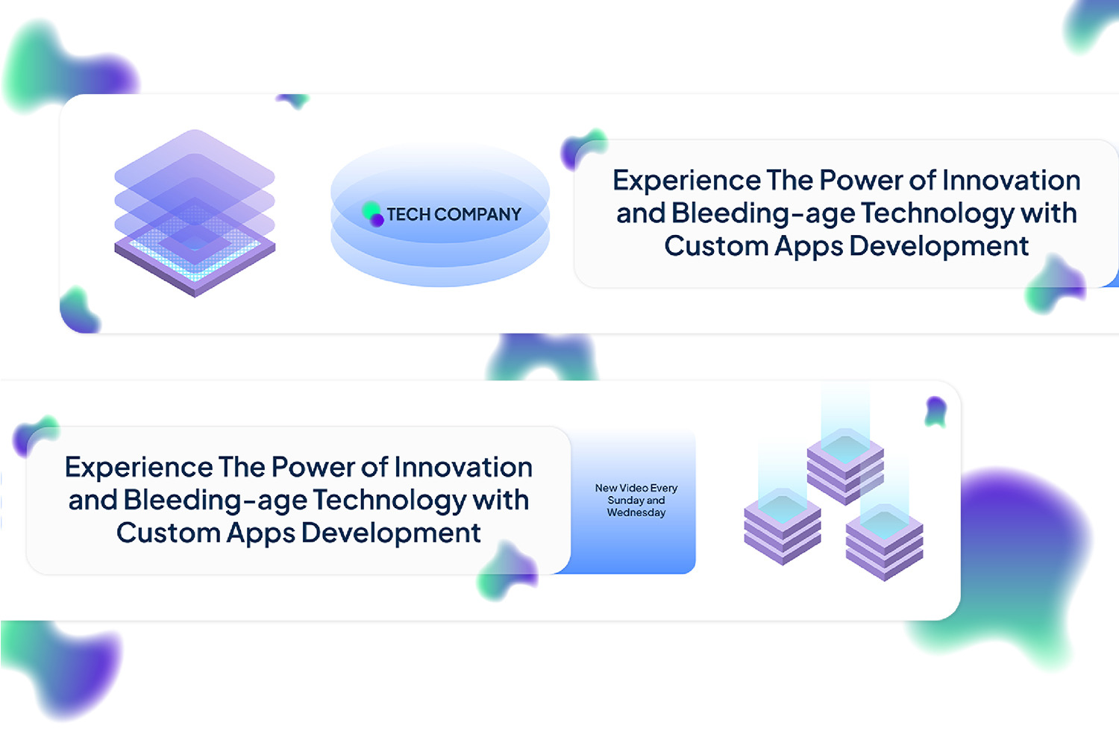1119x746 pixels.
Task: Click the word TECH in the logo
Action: (x=408, y=214)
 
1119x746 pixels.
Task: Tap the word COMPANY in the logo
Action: (x=478, y=214)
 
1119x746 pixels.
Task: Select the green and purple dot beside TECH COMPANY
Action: (x=373, y=214)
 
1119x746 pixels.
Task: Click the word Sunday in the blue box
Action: (x=625, y=501)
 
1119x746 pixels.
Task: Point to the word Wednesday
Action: (x=636, y=513)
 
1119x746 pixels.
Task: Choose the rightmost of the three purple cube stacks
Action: (x=884, y=542)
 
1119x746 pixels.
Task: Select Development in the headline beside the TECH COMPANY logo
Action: (x=938, y=247)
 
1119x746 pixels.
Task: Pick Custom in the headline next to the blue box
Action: (x=168, y=533)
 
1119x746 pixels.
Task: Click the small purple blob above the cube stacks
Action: (x=935, y=412)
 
